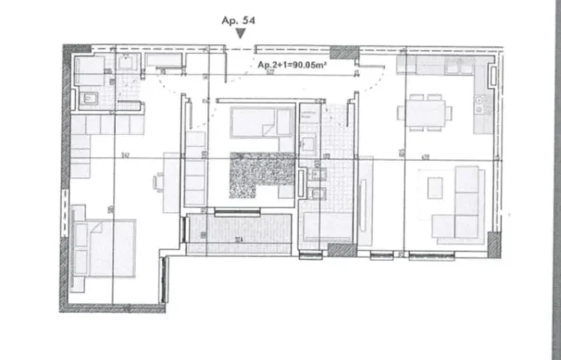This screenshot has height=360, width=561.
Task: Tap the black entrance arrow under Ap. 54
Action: [240, 34]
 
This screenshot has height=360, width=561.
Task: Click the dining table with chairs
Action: [425, 111]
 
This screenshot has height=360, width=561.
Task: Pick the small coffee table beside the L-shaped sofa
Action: [435, 188]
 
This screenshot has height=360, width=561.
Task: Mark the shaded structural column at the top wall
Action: [345, 53]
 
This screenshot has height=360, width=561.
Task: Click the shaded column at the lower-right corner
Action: [495, 245]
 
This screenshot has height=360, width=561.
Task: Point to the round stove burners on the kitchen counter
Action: [482, 102]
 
